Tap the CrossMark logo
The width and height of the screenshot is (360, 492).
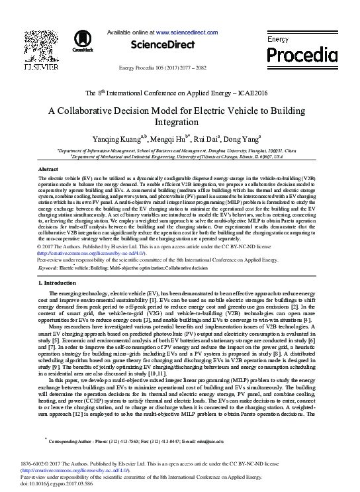[x=83, y=42]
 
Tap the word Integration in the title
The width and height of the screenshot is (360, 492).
[x=180, y=123]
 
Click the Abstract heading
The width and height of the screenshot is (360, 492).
[x=48, y=170]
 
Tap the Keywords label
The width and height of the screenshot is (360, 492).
[x=48, y=268]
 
